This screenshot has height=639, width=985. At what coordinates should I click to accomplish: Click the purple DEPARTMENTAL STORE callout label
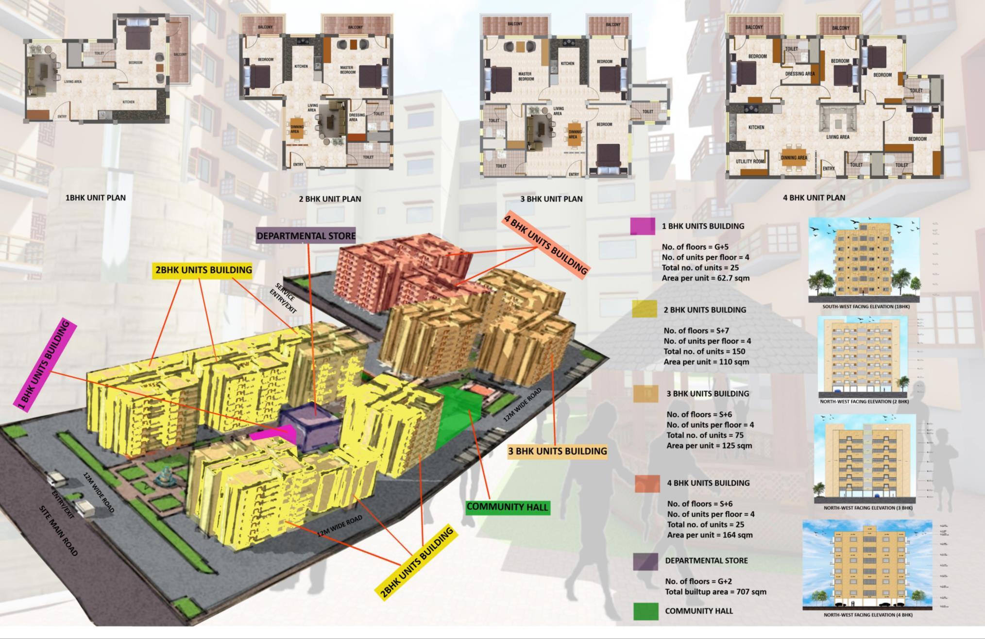(306, 236)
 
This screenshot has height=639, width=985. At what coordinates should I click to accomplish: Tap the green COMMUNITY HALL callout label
(507, 507)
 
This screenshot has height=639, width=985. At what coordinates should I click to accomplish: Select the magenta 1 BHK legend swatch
(642, 226)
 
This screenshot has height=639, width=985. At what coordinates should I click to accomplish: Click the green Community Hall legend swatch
(645, 611)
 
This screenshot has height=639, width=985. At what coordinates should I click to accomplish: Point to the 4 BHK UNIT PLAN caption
(814, 198)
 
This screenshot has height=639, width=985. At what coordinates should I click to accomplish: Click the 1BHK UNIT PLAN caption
(96, 198)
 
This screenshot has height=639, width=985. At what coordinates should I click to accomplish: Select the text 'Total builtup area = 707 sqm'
(715, 592)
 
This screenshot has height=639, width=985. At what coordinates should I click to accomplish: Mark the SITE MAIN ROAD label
(58, 531)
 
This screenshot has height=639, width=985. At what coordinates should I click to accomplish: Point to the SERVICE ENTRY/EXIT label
(283, 297)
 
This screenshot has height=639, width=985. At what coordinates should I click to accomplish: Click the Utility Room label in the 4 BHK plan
(749, 161)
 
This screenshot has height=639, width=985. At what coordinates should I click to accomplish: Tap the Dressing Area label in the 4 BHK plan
(799, 74)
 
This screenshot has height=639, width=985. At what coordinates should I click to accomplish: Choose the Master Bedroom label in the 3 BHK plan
(526, 76)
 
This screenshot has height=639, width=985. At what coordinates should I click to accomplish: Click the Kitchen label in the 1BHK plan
(128, 102)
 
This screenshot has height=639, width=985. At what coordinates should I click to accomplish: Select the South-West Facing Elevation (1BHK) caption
(866, 307)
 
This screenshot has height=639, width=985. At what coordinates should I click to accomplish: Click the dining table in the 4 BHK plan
(794, 157)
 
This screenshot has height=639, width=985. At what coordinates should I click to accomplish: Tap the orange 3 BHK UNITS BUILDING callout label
(557, 451)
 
